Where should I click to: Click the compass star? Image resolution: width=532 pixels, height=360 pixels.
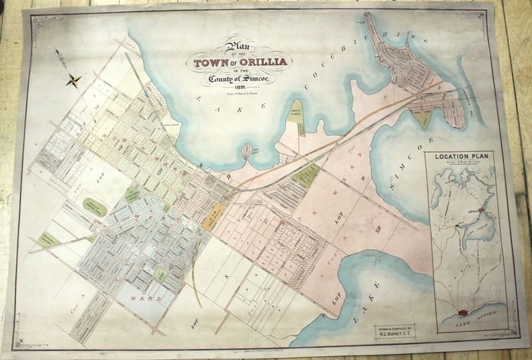pos(73,81)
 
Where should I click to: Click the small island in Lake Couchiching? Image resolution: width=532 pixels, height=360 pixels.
pos(247,151)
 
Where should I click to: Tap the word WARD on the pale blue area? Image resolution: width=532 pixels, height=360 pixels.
pos(145,299)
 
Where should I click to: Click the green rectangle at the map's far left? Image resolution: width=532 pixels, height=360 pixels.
pos(47,238)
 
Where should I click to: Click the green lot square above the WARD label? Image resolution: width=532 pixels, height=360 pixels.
pos(160,273)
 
